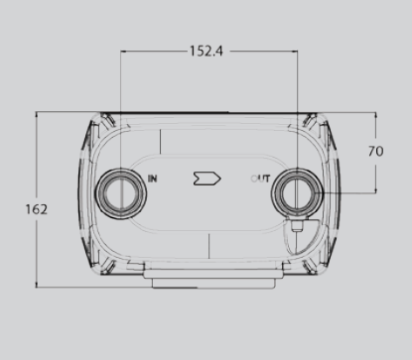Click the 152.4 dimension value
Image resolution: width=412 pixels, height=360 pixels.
(206, 52)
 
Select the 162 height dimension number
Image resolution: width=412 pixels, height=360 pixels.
(37, 209)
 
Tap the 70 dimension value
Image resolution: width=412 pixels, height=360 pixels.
(376, 152)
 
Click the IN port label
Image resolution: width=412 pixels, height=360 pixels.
(153, 179)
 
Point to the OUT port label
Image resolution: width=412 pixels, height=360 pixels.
(260, 179)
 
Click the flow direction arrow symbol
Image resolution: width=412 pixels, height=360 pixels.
(206, 179)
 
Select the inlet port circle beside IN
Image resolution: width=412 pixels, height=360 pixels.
(121, 193)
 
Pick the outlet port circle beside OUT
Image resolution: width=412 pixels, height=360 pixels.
(297, 193)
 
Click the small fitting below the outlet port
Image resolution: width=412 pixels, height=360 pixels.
(297, 226)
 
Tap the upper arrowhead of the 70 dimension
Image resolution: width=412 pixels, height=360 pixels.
(375, 115)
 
